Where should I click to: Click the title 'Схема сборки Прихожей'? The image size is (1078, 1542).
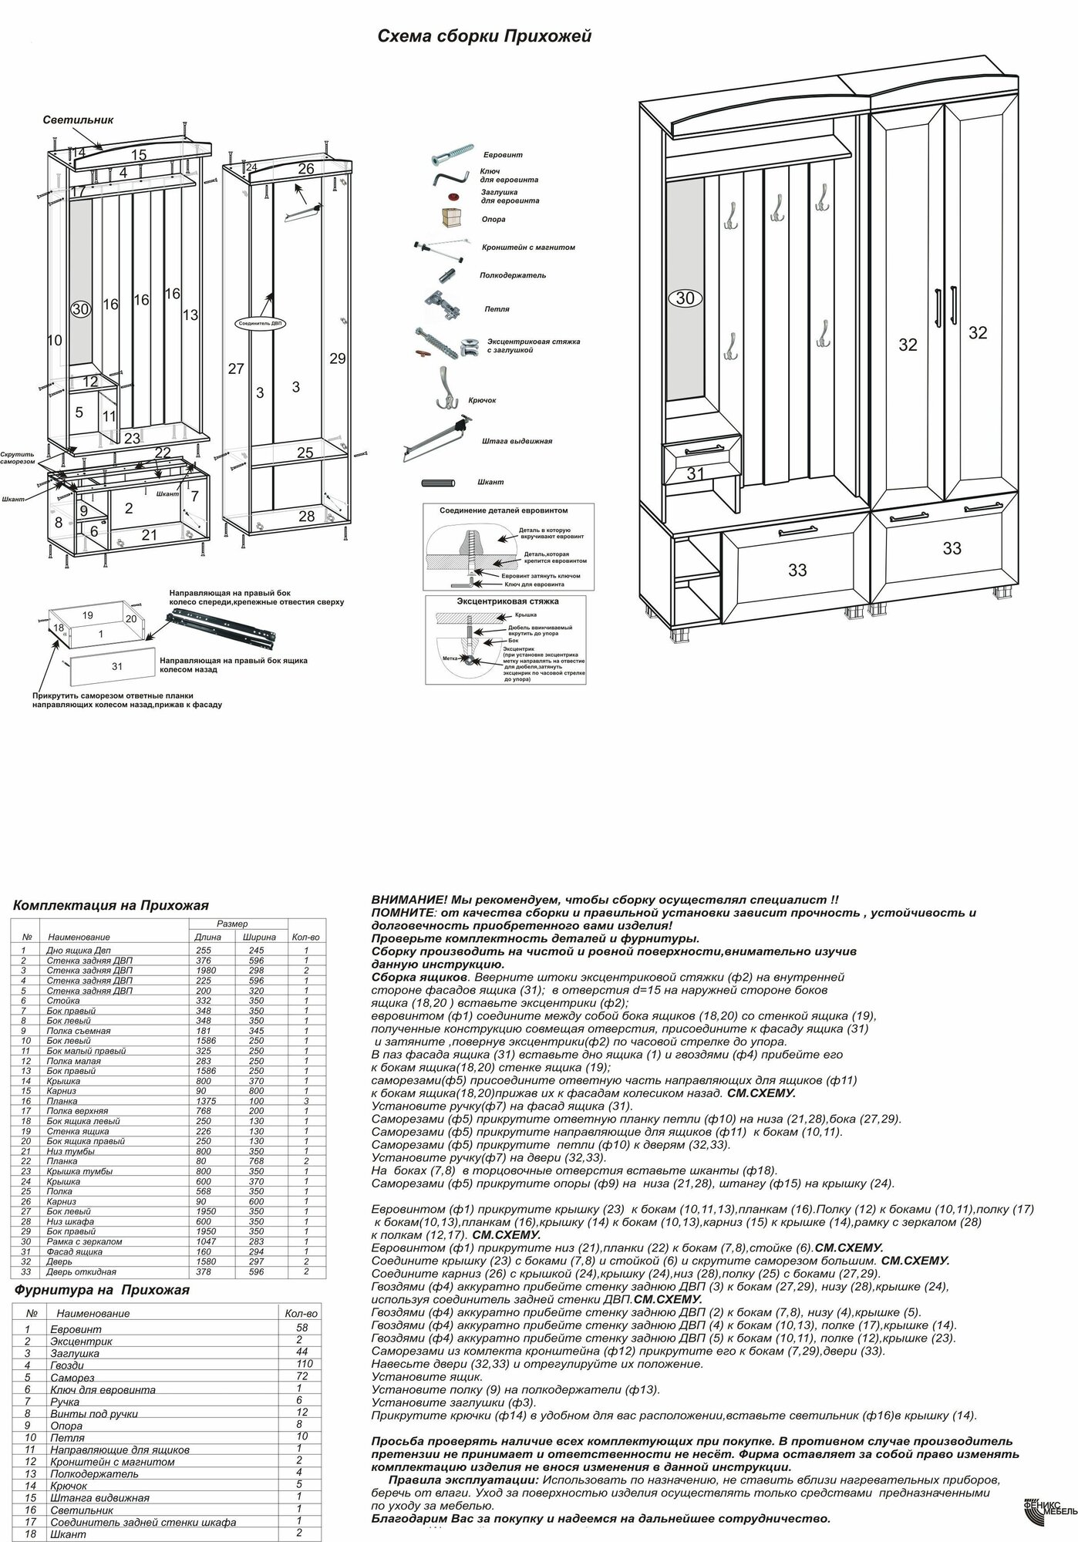[483, 36]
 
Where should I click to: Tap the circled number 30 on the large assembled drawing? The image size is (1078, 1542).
[685, 298]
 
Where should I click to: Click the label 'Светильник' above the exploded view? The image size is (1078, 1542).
[78, 120]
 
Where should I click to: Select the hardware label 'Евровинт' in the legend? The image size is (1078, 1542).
[501, 155]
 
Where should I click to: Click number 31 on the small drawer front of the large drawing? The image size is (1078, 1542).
[696, 473]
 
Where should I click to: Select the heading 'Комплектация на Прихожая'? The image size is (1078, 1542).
[111, 905]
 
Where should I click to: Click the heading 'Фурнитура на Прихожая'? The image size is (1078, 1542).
[102, 1289]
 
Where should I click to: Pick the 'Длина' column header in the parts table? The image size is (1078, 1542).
[207, 937]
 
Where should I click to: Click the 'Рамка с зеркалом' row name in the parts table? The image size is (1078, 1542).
[84, 1241]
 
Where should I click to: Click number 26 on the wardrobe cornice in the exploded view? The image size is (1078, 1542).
[306, 169]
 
